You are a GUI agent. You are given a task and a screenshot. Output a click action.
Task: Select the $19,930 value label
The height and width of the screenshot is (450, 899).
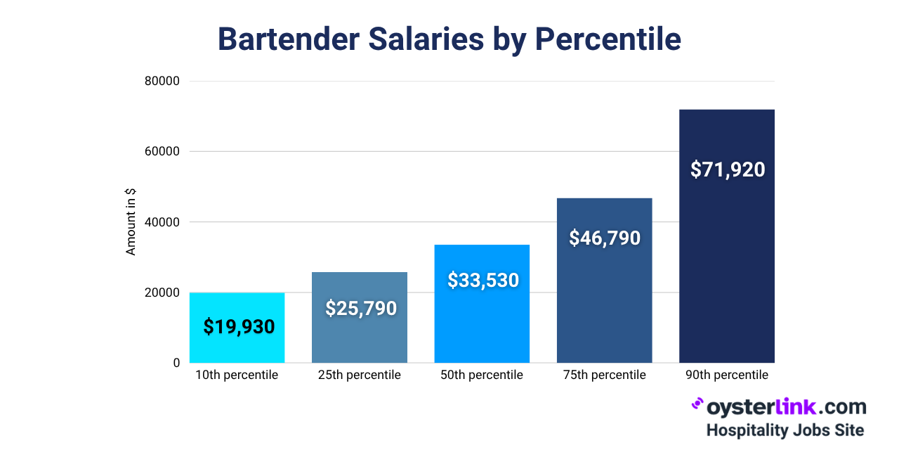coord(239,327)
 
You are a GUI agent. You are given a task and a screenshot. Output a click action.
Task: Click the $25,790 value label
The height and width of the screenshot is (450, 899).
coord(361,309)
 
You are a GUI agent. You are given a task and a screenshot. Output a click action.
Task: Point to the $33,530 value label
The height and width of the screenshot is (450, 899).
coord(483,281)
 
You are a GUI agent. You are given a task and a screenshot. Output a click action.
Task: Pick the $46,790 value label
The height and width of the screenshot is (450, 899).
coord(605,238)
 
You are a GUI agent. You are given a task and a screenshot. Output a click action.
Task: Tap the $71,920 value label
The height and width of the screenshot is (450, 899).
coord(728,169)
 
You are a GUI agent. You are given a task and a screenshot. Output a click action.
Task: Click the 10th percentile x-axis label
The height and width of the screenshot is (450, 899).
coord(237,375)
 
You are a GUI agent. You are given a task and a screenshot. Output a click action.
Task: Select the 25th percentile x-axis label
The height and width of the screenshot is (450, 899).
coord(360,375)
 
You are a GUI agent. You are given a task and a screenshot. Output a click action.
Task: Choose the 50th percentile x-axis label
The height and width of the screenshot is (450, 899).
coord(482,375)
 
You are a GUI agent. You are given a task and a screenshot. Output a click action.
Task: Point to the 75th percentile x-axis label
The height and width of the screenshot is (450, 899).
coord(604,375)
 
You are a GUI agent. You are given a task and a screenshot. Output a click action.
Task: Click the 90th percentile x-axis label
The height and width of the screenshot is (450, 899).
coord(727,375)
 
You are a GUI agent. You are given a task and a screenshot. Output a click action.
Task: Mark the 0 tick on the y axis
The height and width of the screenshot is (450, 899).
coord(176,363)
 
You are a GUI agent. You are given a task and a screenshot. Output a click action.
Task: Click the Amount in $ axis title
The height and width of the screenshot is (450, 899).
coord(131,222)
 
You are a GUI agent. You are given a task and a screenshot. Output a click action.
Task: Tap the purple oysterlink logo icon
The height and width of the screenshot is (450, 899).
coord(697,404)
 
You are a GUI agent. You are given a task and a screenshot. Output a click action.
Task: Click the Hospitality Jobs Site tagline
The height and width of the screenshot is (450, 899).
coord(785,430)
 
